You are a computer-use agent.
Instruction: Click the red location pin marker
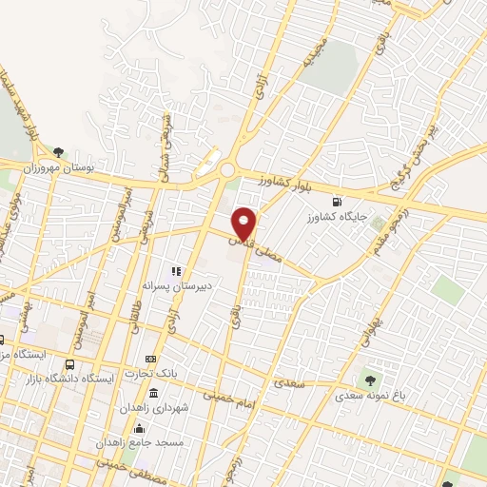(244, 223)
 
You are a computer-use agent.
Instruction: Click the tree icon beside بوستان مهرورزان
(59, 151)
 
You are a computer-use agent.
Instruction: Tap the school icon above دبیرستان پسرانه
(176, 271)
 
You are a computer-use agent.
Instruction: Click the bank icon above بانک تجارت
(150, 359)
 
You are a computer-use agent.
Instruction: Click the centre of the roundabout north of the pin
(226, 170)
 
